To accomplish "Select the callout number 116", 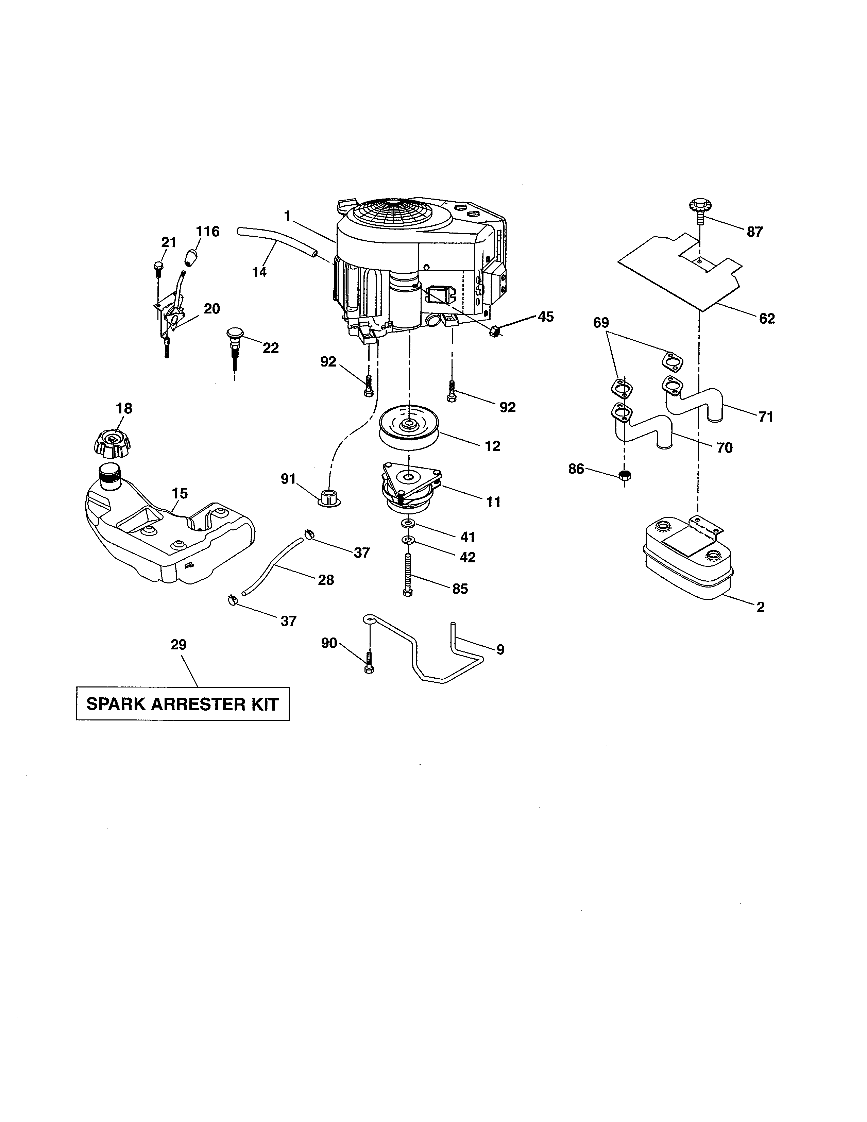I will point(207,232).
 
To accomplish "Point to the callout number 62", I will point(766,319).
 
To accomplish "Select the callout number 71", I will point(765,417).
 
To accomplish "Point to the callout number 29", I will point(179,645).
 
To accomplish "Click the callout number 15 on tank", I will point(180,493).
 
